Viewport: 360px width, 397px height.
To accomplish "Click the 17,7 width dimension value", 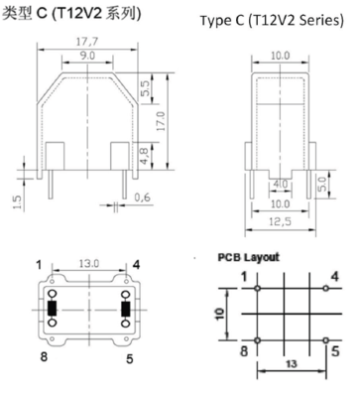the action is (87, 42).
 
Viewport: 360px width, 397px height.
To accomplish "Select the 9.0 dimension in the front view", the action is (87, 56).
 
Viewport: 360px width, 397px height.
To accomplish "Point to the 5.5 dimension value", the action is (145, 88).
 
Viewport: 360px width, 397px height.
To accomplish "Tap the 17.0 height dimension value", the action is (161, 121).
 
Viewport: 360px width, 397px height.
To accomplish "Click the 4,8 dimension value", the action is (144, 156).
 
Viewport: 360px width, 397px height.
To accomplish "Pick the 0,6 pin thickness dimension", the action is (142, 198).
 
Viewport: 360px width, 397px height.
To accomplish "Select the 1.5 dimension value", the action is (17, 202).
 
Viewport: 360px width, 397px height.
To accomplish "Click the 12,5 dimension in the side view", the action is (280, 221).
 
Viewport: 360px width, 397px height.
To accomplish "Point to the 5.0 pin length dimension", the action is (322, 184).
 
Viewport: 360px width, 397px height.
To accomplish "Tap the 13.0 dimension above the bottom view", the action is (89, 264).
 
